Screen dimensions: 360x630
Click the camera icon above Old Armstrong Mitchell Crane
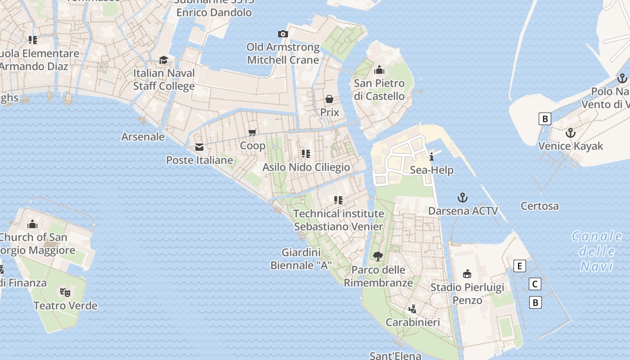pyautogui.click(x=283, y=34)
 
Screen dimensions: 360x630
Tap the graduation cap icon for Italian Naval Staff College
pyautogui.click(x=164, y=60)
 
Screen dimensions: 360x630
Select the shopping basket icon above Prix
pyautogui.click(x=329, y=99)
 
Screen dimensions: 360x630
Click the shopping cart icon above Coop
pyautogui.click(x=252, y=132)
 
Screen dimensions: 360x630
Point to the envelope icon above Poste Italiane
pyautogui.click(x=199, y=147)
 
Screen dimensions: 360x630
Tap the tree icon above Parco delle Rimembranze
pyautogui.click(x=378, y=256)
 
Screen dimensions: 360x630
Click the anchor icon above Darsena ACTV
pyautogui.click(x=462, y=198)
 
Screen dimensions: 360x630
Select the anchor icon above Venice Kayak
pyautogui.click(x=570, y=133)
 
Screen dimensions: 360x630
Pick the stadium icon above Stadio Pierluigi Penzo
pyautogui.click(x=467, y=274)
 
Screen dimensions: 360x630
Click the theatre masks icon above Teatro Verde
pyautogui.click(x=65, y=292)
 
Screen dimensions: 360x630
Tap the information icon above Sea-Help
pyautogui.click(x=432, y=157)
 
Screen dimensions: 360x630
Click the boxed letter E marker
pyautogui.click(x=519, y=266)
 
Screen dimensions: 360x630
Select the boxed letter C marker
pyautogui.click(x=535, y=284)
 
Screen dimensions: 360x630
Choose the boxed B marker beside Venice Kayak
pyautogui.click(x=544, y=119)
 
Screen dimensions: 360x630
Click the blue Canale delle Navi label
pyautogui.click(x=597, y=251)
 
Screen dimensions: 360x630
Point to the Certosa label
pyautogui.click(x=540, y=206)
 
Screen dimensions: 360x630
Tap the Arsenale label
pyautogui.click(x=143, y=137)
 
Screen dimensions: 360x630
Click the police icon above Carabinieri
pyautogui.click(x=412, y=309)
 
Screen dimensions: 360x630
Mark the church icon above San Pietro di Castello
pyautogui.click(x=379, y=70)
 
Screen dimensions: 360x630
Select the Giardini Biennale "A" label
pyautogui.click(x=301, y=259)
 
